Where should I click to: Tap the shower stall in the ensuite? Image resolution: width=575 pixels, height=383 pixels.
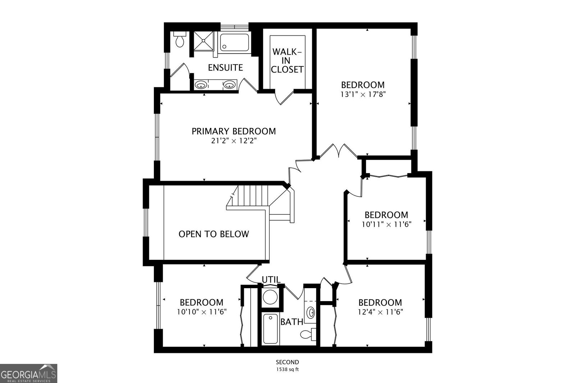click(x=203, y=41)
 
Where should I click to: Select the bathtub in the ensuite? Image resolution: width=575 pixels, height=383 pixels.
click(x=234, y=42)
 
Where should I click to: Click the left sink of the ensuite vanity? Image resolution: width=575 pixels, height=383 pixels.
click(x=201, y=85)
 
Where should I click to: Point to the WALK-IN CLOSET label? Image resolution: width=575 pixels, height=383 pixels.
click(x=287, y=61)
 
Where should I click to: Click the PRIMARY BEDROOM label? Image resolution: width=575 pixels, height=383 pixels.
click(x=234, y=131)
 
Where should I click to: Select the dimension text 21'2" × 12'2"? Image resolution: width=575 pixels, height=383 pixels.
click(x=234, y=140)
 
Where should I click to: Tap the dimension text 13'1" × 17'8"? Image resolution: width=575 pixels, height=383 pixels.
click(x=363, y=94)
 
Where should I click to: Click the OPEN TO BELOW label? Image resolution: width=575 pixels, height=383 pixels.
click(x=214, y=234)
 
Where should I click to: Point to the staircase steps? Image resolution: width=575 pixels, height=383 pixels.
click(x=253, y=195)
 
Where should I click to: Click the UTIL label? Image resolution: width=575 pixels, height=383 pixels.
click(x=271, y=280)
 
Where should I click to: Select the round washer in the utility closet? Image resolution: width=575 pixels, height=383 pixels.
click(x=270, y=297)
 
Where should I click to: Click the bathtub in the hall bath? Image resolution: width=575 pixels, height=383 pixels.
click(x=270, y=329)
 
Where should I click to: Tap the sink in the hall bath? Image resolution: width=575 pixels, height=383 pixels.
click(x=311, y=313)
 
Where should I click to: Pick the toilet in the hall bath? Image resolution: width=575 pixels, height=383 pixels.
click(x=308, y=334)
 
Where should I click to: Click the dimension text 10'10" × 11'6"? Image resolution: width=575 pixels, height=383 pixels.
click(x=202, y=312)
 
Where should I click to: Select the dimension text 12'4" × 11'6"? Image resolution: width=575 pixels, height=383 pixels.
click(x=380, y=312)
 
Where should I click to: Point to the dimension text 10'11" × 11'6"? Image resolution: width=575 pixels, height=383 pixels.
click(x=387, y=225)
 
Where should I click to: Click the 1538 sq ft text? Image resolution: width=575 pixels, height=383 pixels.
click(x=288, y=369)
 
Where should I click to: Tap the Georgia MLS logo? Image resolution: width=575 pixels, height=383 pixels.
click(x=28, y=373)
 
